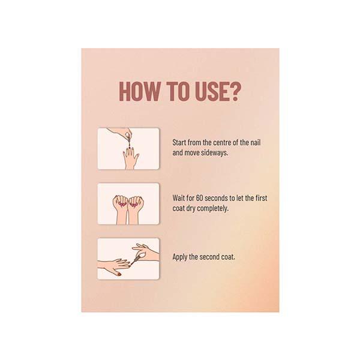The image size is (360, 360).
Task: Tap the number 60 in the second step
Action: click(x=199, y=198)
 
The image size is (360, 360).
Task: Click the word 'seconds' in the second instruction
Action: click(x=216, y=198)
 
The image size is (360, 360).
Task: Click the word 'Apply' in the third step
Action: click(x=180, y=257)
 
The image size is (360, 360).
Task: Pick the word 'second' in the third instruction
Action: click(x=209, y=257)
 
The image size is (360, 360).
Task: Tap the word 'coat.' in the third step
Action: click(x=228, y=257)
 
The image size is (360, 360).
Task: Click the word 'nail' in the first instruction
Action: click(x=256, y=143)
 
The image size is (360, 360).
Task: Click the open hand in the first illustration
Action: click(x=130, y=158)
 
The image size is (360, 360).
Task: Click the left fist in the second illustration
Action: click(x=121, y=202)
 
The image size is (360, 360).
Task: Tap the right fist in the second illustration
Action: click(x=136, y=202)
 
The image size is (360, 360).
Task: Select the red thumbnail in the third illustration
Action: click(x=119, y=274)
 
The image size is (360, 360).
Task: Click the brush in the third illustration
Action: click(x=134, y=261)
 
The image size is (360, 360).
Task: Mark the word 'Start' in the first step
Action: click(x=179, y=143)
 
